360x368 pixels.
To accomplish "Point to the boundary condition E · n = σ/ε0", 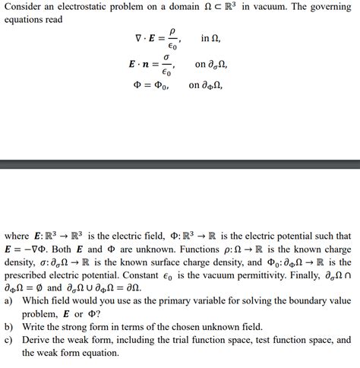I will [151, 65].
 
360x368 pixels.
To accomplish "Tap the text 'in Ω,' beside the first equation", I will [211, 38].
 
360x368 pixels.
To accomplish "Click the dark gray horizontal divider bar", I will [180, 164].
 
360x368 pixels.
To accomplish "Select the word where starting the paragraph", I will [18, 236].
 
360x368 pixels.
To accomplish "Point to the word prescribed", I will [33, 275].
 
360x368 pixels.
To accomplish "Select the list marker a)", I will [9, 300].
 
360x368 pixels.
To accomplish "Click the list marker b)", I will [9, 326].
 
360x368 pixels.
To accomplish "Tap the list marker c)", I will [9, 339].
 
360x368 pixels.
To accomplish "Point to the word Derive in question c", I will [37, 339].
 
